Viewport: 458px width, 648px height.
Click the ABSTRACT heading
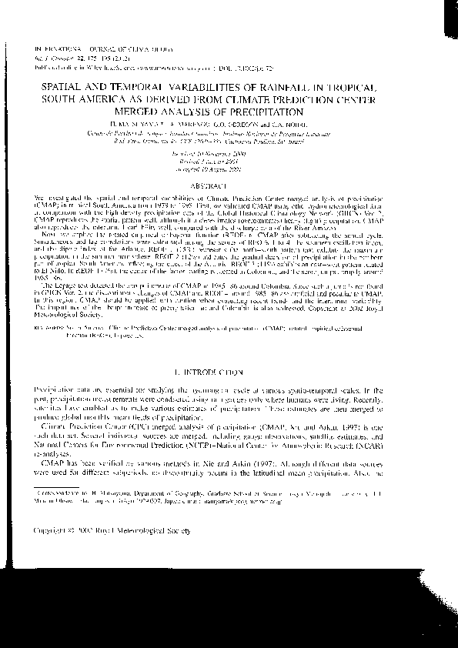229,187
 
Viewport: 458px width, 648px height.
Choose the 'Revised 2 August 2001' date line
229,162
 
